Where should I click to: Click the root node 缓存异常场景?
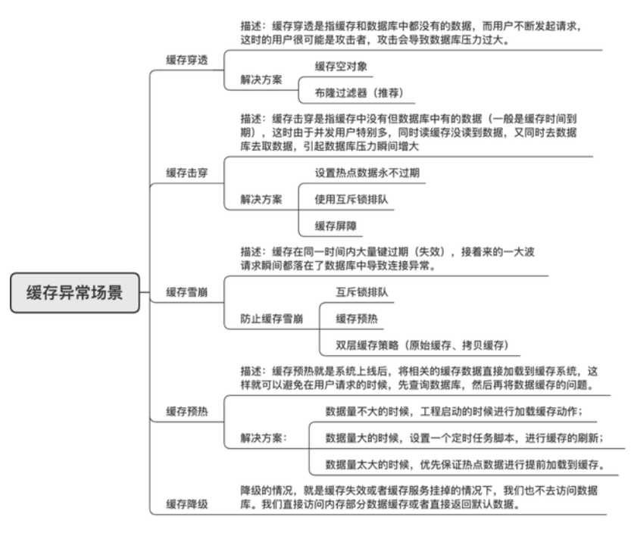75,292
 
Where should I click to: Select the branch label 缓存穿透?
187,59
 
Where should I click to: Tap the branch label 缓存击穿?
187,173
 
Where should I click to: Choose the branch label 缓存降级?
187,503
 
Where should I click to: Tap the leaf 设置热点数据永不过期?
367,173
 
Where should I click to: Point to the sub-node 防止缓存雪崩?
272,318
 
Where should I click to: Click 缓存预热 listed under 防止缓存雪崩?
356,318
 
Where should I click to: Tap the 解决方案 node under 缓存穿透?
261,79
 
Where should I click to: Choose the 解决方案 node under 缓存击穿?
261,199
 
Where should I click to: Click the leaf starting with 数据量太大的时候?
464,464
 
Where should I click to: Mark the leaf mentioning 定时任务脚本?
464,438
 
